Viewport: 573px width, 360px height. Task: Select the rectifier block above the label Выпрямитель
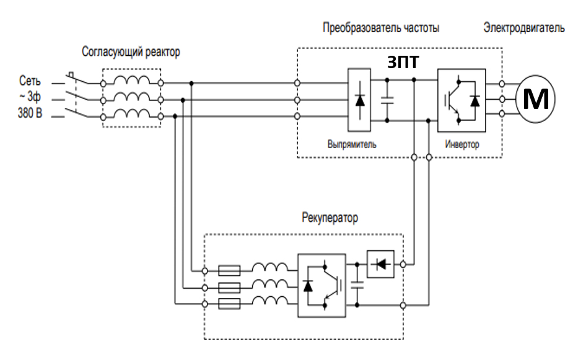pos(359,99)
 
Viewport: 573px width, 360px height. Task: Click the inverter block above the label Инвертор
pos(461,99)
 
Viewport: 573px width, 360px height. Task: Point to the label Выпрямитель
pos(352,144)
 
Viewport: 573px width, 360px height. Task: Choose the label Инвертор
pos(462,144)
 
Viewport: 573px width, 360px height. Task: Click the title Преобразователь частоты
pos(381,28)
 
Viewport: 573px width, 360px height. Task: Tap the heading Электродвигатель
pos(524,28)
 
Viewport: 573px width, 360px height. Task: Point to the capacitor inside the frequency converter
pos(388,100)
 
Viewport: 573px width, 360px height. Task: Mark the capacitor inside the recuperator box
pos(357,286)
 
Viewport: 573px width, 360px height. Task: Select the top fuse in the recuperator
pos(230,270)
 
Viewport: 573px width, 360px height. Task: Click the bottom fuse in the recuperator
pos(230,304)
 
